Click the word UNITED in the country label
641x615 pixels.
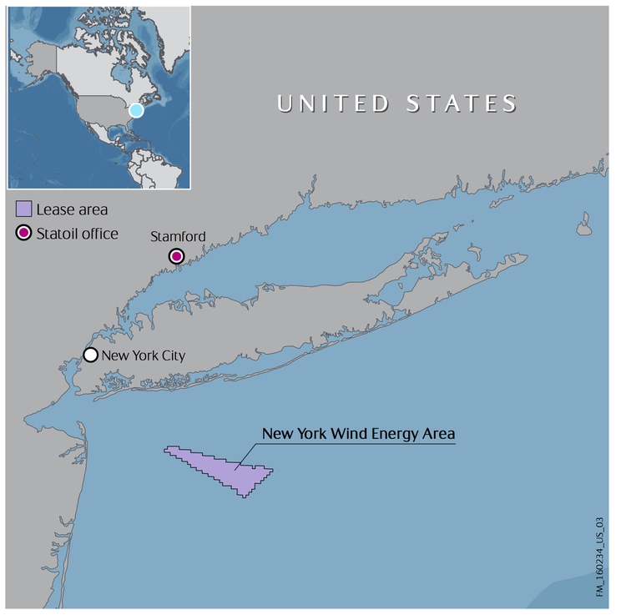(x=332, y=103)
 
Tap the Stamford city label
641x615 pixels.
(x=178, y=237)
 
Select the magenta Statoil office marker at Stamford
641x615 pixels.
(x=176, y=256)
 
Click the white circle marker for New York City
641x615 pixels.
(x=90, y=355)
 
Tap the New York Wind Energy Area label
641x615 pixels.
(x=358, y=434)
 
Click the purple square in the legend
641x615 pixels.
(x=24, y=209)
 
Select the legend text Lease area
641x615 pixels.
(x=72, y=209)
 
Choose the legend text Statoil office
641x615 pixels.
(x=78, y=234)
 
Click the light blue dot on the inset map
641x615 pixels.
(x=136, y=110)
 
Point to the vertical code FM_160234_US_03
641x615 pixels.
(x=599, y=555)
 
